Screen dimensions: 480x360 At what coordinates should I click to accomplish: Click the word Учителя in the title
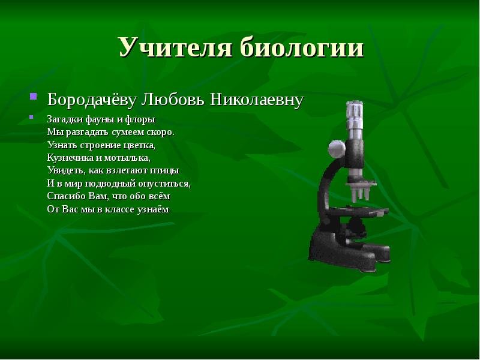click(175, 47)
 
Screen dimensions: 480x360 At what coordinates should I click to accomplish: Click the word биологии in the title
click(302, 47)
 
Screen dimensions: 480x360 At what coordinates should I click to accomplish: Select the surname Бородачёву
click(91, 100)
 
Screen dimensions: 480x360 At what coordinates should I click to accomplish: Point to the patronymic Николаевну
click(257, 100)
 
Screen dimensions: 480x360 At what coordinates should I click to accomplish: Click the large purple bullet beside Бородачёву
click(34, 97)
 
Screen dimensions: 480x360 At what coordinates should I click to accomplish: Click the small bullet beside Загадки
click(31, 116)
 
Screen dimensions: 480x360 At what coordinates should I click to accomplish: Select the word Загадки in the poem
click(65, 119)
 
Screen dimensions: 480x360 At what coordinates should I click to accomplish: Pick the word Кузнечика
click(70, 158)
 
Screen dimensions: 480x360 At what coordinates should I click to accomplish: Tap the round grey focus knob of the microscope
click(337, 149)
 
